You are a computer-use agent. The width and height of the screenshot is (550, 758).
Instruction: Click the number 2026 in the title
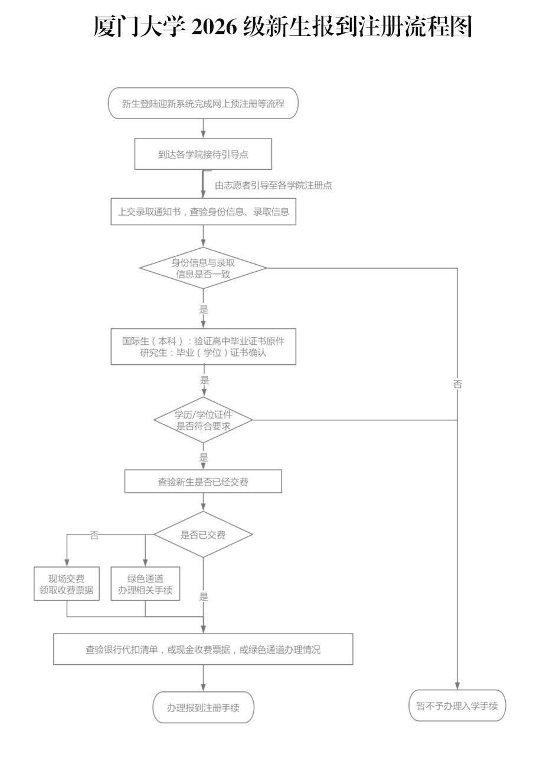click(214, 27)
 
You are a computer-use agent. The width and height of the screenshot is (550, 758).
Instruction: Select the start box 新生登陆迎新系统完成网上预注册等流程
click(203, 103)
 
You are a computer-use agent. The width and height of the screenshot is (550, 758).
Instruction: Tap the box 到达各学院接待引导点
click(203, 154)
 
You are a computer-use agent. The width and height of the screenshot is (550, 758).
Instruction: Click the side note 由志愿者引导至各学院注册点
click(273, 185)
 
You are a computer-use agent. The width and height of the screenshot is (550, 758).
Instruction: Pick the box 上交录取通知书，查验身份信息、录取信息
click(204, 212)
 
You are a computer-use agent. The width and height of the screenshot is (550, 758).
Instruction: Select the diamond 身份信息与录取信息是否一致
click(203, 268)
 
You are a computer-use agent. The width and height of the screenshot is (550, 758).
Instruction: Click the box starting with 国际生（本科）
click(204, 347)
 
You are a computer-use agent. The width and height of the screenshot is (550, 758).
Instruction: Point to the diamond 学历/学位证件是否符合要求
click(203, 420)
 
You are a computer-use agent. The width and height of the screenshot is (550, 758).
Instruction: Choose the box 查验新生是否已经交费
click(203, 481)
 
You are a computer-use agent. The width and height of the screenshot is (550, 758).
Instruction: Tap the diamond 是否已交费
click(203, 535)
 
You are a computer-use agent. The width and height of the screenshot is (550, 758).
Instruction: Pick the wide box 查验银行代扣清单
click(203, 650)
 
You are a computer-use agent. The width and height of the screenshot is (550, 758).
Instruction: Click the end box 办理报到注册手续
click(203, 707)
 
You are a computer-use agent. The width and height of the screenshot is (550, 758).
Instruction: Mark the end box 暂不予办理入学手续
click(457, 706)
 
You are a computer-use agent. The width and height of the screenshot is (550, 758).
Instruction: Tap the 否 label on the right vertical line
click(457, 384)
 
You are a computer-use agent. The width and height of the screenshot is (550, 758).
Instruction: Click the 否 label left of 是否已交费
click(94, 535)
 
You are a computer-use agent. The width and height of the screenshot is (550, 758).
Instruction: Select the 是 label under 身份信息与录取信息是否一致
click(204, 309)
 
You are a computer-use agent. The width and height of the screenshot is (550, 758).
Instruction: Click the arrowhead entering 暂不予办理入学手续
click(457, 686)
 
